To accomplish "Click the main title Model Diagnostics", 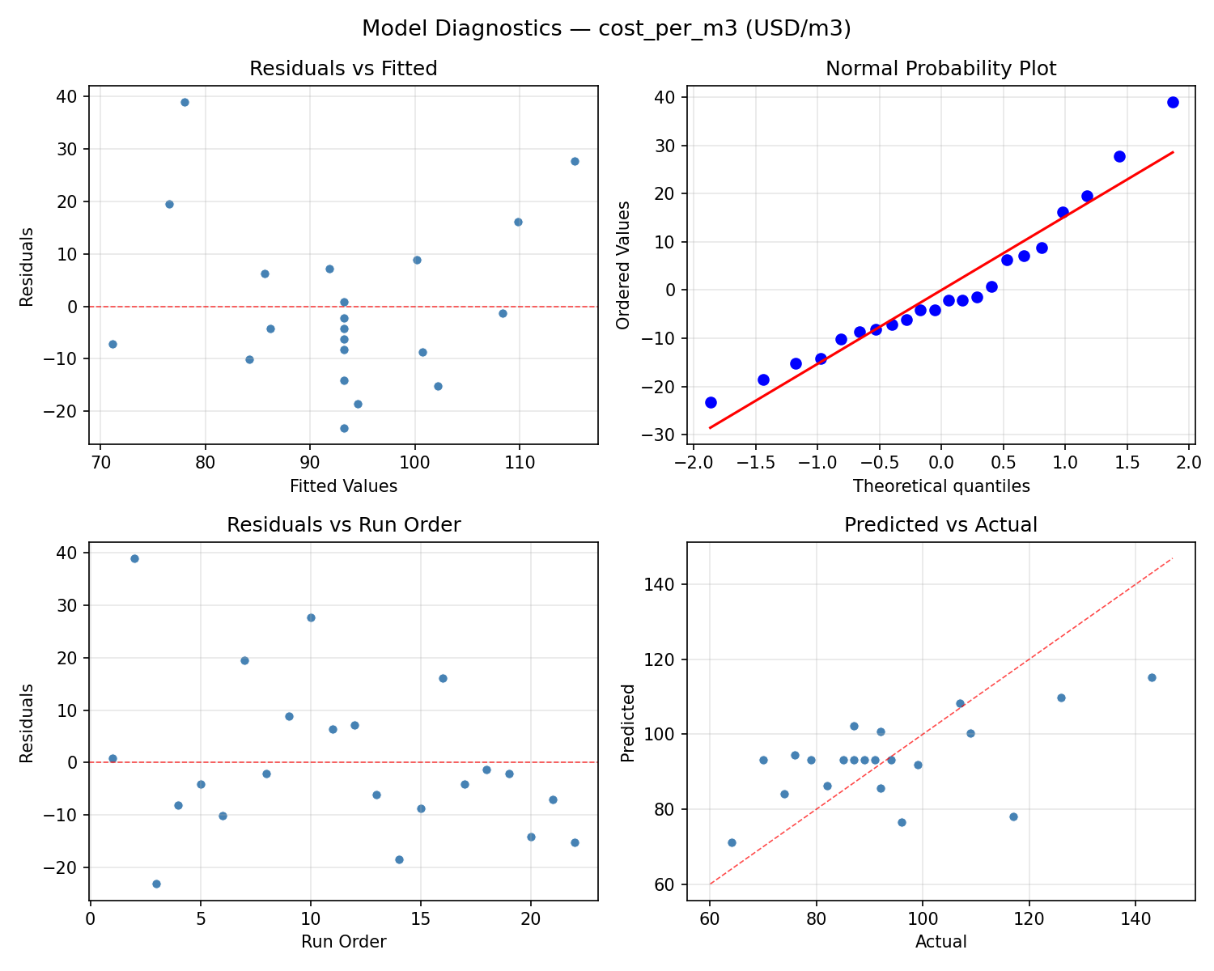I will pyautogui.click(x=606, y=29).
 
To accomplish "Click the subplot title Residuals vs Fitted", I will pyautogui.click(x=343, y=69).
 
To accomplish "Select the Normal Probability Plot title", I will pyautogui.click(x=940, y=69).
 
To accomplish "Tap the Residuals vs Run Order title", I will pyautogui.click(x=343, y=525).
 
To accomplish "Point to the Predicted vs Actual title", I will pyautogui.click(x=940, y=525).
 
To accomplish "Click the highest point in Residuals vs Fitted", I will pyautogui.click(x=185, y=102).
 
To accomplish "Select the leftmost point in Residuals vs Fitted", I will pyautogui.click(x=112, y=344).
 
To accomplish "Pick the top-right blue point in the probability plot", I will pyautogui.click(x=1173, y=102).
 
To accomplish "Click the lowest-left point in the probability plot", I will pyautogui.click(x=711, y=402).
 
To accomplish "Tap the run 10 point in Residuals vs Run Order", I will pyautogui.click(x=311, y=617).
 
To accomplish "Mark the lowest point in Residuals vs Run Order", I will pyautogui.click(x=156, y=884).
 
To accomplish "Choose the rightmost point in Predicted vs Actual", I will pyautogui.click(x=1152, y=677).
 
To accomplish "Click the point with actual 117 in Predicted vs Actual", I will pyautogui.click(x=1013, y=816).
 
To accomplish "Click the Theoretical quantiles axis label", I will pyautogui.click(x=940, y=486).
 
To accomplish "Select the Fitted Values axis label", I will pyautogui.click(x=343, y=486).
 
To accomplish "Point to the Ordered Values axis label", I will pyautogui.click(x=622, y=265).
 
